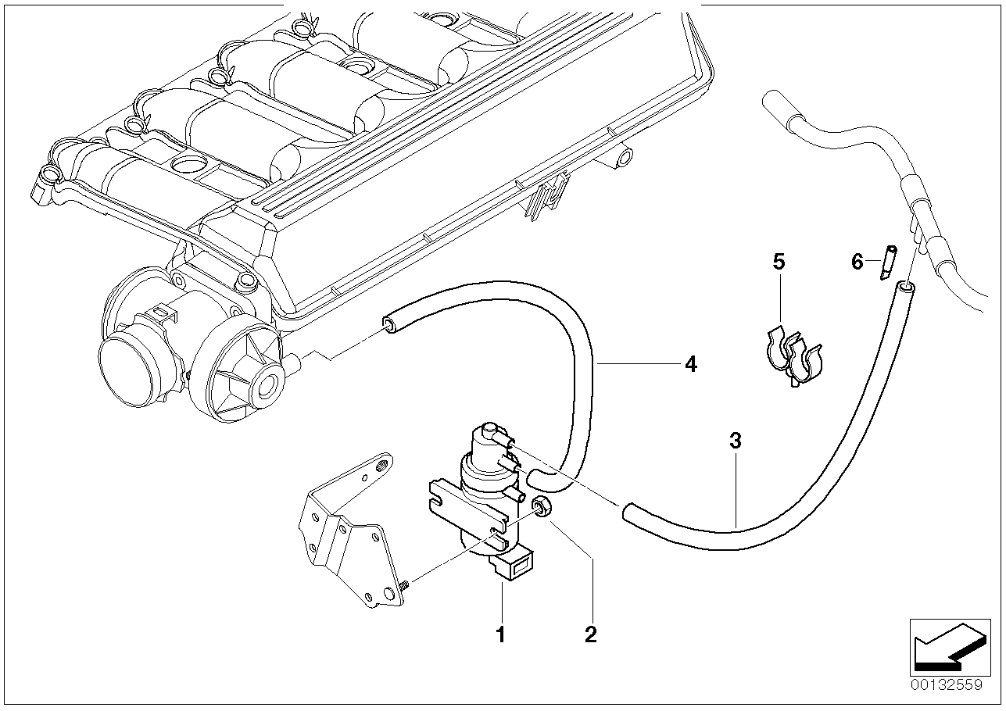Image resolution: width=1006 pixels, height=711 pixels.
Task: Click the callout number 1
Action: point(501,634)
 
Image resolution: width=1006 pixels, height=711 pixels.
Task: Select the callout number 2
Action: point(590,634)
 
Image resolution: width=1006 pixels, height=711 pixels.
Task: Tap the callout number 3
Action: point(735,441)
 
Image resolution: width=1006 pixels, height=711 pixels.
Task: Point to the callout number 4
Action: point(690,364)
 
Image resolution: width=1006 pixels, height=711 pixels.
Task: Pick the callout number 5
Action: point(779,262)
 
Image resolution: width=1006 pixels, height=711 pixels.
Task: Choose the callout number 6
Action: point(857,262)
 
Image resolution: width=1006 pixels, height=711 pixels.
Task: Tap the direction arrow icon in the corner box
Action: point(945,646)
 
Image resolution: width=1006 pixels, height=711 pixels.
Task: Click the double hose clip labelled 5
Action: point(793,355)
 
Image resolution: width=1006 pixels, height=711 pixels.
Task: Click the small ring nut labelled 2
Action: point(539,508)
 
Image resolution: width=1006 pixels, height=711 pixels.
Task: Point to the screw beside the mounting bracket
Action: point(404,583)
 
